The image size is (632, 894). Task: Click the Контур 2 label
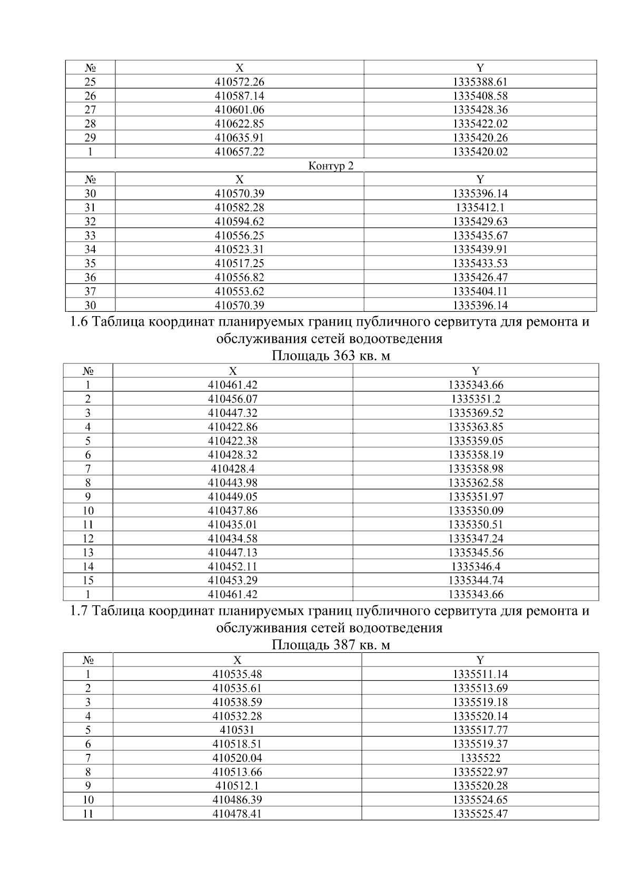[x=331, y=166]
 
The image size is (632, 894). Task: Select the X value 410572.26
[x=239, y=82]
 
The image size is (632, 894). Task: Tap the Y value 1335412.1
[x=480, y=208]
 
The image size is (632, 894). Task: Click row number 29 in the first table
[x=90, y=138]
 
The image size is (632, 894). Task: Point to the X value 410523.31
[x=239, y=250]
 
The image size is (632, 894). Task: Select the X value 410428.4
[x=233, y=469]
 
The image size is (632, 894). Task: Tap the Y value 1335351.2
[x=476, y=399]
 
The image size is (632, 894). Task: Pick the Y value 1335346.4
[x=476, y=567]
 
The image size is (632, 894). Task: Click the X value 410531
[x=237, y=730]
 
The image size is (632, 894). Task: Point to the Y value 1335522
[x=480, y=758]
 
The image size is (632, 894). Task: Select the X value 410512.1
[x=237, y=786]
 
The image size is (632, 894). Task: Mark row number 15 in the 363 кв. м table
[x=88, y=581]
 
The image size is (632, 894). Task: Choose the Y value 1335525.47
[x=480, y=814]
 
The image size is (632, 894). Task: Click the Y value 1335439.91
[x=480, y=250]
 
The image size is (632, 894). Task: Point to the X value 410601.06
[x=239, y=110]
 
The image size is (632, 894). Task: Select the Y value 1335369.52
[x=476, y=413]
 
